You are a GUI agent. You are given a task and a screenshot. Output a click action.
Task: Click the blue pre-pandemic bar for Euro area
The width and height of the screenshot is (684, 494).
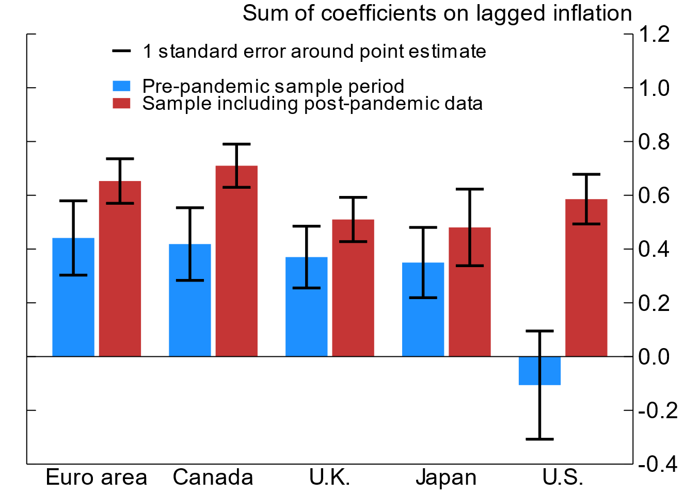pyautogui.click(x=73, y=309)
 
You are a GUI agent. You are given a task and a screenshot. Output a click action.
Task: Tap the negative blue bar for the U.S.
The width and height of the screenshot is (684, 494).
pyautogui.click(x=539, y=371)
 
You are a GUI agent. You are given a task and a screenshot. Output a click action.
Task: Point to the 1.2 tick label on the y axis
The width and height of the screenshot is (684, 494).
pyautogui.click(x=654, y=35)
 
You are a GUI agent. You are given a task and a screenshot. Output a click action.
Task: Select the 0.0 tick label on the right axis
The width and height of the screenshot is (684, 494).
pyautogui.click(x=654, y=357)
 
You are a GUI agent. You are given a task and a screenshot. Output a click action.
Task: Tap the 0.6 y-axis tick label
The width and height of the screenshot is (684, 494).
pyautogui.click(x=654, y=196)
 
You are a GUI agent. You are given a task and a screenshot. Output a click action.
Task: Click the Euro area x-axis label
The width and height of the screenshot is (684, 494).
pyautogui.click(x=97, y=477)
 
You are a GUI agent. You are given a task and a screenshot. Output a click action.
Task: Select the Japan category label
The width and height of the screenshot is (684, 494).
pyautogui.click(x=446, y=477)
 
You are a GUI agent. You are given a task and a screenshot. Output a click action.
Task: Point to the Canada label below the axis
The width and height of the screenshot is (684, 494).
pyautogui.click(x=213, y=477)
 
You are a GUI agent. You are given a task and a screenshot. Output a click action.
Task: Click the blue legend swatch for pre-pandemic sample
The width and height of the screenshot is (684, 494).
pyautogui.click(x=121, y=86)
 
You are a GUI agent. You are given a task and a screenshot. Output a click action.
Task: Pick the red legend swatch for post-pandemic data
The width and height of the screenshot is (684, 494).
pyautogui.click(x=121, y=103)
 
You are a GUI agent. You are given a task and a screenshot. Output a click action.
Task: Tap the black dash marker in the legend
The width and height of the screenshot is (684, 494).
pyautogui.click(x=121, y=51)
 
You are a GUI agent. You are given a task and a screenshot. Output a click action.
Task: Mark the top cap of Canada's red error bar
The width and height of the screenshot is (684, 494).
pyautogui.click(x=236, y=144)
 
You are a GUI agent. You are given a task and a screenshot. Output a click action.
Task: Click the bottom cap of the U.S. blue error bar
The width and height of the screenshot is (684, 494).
pyautogui.click(x=539, y=439)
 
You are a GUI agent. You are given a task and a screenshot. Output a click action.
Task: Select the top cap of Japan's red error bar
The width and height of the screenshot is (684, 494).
pyautogui.click(x=470, y=189)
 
